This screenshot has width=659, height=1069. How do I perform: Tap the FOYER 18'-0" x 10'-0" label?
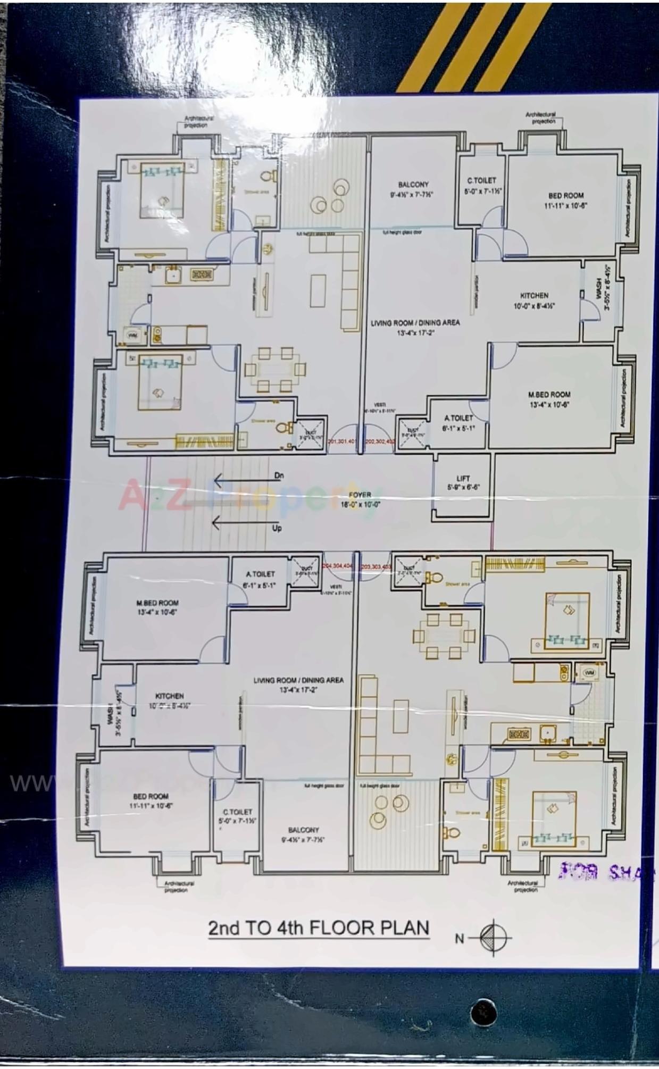pos(360,499)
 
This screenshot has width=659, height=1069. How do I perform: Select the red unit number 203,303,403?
pos(376,567)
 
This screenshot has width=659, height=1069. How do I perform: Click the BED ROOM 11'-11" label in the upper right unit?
pos(566,199)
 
